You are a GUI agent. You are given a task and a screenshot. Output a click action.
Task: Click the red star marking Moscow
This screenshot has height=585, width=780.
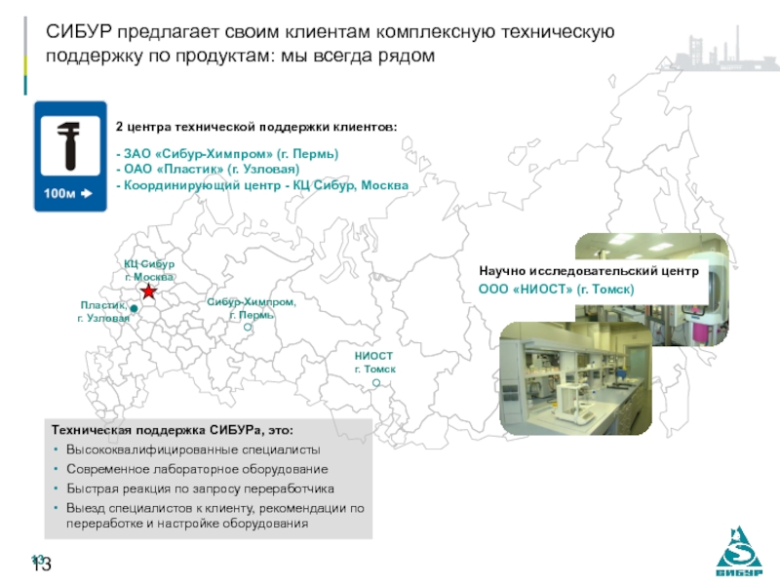pyautogui.click(x=148, y=291)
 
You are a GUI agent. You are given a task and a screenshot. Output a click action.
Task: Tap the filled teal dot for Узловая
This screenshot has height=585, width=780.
pyautogui.click(x=134, y=308)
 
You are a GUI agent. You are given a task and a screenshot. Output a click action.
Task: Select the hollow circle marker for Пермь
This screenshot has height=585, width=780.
pyautogui.click(x=248, y=328)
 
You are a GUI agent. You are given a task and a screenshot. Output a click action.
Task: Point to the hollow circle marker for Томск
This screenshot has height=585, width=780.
pyautogui.click(x=376, y=382)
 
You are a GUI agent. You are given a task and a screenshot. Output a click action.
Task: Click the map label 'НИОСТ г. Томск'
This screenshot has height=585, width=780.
pyautogui.click(x=375, y=363)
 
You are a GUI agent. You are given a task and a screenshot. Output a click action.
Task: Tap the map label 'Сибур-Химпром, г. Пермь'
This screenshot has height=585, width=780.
pyautogui.click(x=252, y=308)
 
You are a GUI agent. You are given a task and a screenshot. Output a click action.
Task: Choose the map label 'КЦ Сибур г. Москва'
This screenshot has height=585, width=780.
pyautogui.click(x=149, y=270)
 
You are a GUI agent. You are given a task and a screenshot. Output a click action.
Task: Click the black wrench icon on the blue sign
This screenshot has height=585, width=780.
pyautogui.click(x=69, y=145)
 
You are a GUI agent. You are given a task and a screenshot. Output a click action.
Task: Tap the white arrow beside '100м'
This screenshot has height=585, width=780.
pyautogui.click(x=87, y=193)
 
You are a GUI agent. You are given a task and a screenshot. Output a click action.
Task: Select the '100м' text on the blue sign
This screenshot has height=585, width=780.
pyautogui.click(x=59, y=193)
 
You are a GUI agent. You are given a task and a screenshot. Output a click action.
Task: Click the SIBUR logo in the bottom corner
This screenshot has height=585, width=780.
pyautogui.click(x=739, y=551)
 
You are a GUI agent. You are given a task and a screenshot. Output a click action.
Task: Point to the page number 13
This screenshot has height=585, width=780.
pyautogui.click(x=42, y=565)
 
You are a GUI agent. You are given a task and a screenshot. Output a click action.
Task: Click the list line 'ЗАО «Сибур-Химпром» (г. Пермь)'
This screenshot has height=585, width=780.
pyautogui.click(x=227, y=154)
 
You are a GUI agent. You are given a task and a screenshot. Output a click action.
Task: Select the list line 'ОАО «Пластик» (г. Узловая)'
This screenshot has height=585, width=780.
pyautogui.click(x=208, y=169)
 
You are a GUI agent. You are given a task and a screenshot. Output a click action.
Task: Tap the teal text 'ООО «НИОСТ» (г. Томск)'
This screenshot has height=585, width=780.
pyautogui.click(x=556, y=289)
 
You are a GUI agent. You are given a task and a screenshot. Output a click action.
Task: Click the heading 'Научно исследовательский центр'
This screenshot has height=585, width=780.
pyautogui.click(x=589, y=271)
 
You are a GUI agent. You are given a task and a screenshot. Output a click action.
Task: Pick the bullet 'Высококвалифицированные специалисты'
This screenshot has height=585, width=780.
pyautogui.click(x=193, y=449)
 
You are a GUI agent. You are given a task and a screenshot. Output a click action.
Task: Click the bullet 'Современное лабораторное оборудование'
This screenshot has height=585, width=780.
pyautogui.click(x=197, y=469)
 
